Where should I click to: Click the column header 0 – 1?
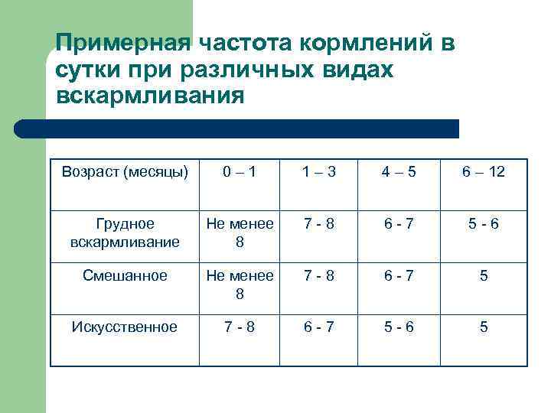click(x=239, y=172)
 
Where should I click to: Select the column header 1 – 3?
click(x=318, y=172)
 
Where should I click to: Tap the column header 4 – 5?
click(x=399, y=172)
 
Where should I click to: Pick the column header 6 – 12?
click(x=483, y=172)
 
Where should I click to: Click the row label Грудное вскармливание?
click(x=125, y=233)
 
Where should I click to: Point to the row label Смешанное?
click(x=125, y=276)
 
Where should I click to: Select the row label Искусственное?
click(x=125, y=327)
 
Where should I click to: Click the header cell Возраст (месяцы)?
click(x=125, y=172)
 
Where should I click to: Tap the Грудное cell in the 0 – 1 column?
click(x=239, y=233)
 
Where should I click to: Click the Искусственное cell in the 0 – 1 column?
click(x=239, y=327)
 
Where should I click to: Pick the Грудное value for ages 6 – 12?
click(x=483, y=224)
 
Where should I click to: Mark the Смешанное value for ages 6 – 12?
click(x=483, y=276)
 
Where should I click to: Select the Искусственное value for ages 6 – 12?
click(x=483, y=327)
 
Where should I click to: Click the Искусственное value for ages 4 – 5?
click(x=399, y=327)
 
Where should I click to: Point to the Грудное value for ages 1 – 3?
click(x=318, y=224)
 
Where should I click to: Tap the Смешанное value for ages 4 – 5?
click(x=399, y=276)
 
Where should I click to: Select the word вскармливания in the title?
click(x=150, y=97)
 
